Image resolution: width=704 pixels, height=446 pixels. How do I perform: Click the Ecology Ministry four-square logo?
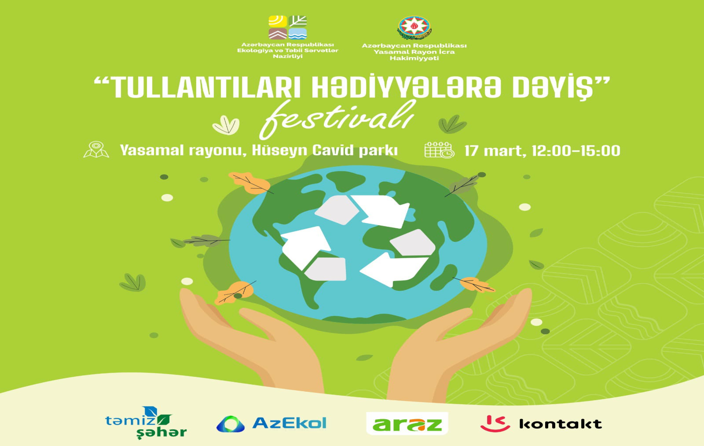[288, 27]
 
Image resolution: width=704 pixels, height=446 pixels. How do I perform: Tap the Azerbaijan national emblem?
[414, 28]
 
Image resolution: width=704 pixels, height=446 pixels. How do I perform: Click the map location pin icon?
[96, 150]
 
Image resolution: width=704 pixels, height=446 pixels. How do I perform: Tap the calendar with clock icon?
[439, 150]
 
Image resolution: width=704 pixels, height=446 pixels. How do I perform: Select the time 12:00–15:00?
[576, 151]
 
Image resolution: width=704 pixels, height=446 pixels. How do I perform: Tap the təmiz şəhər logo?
[146, 422]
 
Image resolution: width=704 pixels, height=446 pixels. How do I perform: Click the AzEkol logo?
[271, 424]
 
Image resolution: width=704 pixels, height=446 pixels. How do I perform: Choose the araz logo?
[407, 424]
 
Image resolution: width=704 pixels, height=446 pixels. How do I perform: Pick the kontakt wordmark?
[561, 424]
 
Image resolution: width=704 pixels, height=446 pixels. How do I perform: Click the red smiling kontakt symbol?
[495, 424]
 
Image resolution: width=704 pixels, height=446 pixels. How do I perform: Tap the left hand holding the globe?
[251, 342]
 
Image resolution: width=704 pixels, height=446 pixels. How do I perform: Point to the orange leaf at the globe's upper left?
[250, 183]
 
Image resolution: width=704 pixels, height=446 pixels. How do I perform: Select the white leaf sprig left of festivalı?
[226, 125]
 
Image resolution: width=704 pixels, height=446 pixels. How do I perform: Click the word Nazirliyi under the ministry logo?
[288, 57]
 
